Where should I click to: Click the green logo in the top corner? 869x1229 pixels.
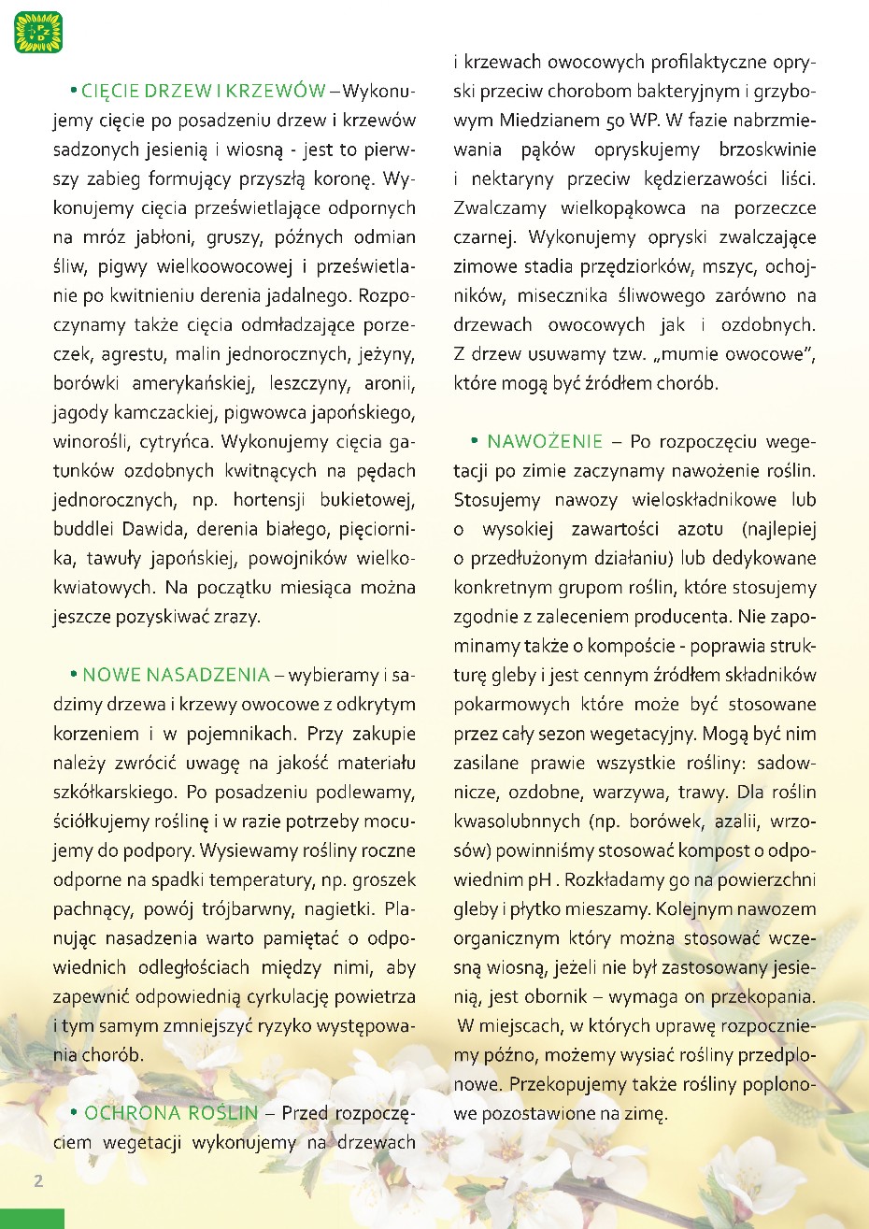[38, 32]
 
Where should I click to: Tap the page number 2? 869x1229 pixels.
[38, 1180]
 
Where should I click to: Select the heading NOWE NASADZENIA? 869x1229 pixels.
[176, 675]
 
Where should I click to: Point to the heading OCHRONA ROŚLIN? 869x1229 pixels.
[171, 1113]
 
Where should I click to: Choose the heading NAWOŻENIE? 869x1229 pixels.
[545, 441]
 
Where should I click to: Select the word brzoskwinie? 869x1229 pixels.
[767, 150]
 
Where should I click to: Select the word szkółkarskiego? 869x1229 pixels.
[114, 793]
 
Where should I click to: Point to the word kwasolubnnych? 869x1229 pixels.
[516, 822]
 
